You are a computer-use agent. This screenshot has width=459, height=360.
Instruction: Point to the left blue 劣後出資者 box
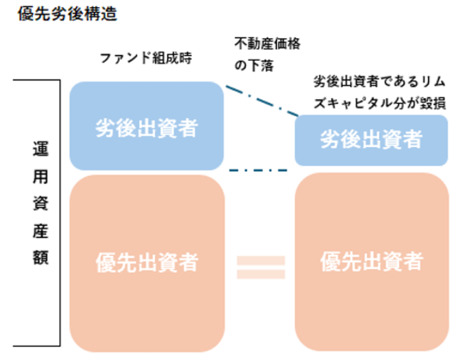[146, 127]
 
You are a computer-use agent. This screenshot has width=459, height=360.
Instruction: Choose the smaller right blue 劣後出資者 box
[371, 139]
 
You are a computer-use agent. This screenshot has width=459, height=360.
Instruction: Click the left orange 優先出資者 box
[146, 262]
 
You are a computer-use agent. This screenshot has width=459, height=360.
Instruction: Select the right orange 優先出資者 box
[371, 262]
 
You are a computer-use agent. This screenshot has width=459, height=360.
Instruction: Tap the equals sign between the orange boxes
[260, 266]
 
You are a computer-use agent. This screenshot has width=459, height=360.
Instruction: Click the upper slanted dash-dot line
[259, 100]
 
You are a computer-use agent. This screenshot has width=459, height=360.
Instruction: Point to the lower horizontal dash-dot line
[259, 171]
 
